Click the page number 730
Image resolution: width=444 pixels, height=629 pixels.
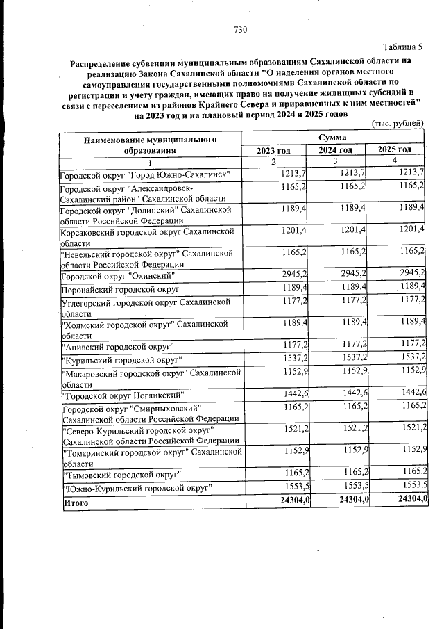pyautogui.click(x=241, y=29)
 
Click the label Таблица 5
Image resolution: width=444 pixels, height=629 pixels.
pyautogui.click(x=402, y=47)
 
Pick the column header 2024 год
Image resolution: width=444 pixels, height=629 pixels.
pyautogui.click(x=335, y=150)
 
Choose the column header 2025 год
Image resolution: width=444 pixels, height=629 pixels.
pyautogui.click(x=394, y=150)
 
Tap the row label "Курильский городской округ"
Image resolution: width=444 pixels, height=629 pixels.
pyautogui.click(x=122, y=359)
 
